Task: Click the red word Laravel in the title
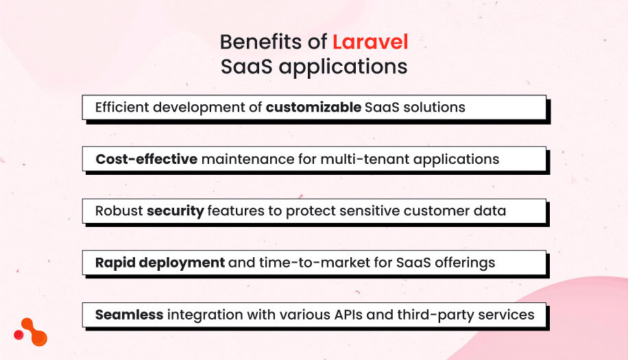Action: click(x=370, y=43)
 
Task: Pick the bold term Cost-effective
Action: click(x=147, y=159)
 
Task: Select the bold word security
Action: click(x=175, y=211)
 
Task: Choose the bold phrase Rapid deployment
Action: click(x=160, y=263)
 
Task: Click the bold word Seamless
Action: click(x=129, y=315)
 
